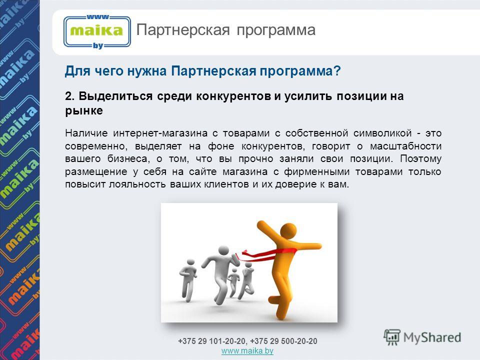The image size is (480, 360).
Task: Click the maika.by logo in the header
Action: (x=97, y=31)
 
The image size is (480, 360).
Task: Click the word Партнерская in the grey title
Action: (x=183, y=30)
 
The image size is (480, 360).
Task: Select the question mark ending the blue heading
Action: (x=336, y=71)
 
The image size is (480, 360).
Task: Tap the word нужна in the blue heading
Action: (x=146, y=71)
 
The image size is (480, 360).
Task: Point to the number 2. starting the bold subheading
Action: (x=70, y=96)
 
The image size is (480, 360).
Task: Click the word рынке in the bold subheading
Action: (x=84, y=111)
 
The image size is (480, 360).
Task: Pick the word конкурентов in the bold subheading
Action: (x=233, y=96)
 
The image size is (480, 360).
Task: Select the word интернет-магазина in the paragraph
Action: (x=160, y=133)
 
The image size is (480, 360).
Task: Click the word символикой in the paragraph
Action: (x=382, y=133)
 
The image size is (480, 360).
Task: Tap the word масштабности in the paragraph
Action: (x=405, y=146)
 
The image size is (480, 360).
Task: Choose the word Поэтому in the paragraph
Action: (x=420, y=159)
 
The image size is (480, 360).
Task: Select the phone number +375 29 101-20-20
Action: (x=212, y=341)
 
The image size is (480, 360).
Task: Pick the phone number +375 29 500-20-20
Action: (x=283, y=341)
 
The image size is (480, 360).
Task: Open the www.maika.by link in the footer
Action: (x=247, y=351)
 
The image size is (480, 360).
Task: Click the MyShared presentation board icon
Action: (x=392, y=337)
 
